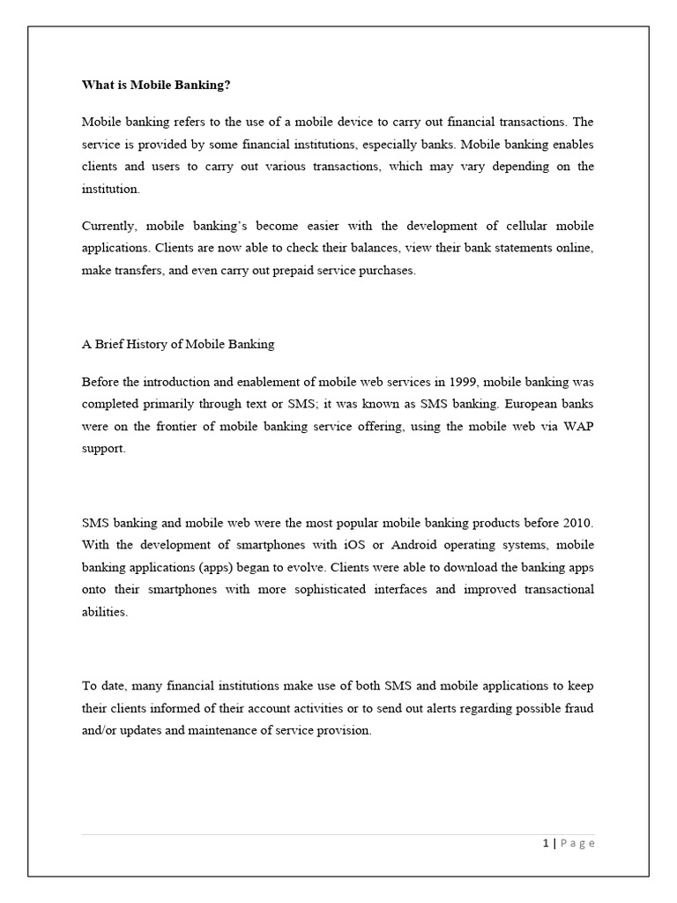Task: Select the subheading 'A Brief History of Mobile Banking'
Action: click(x=178, y=344)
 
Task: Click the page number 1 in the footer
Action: click(x=547, y=843)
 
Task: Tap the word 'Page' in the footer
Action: click(x=578, y=843)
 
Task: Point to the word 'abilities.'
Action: click(x=105, y=612)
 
